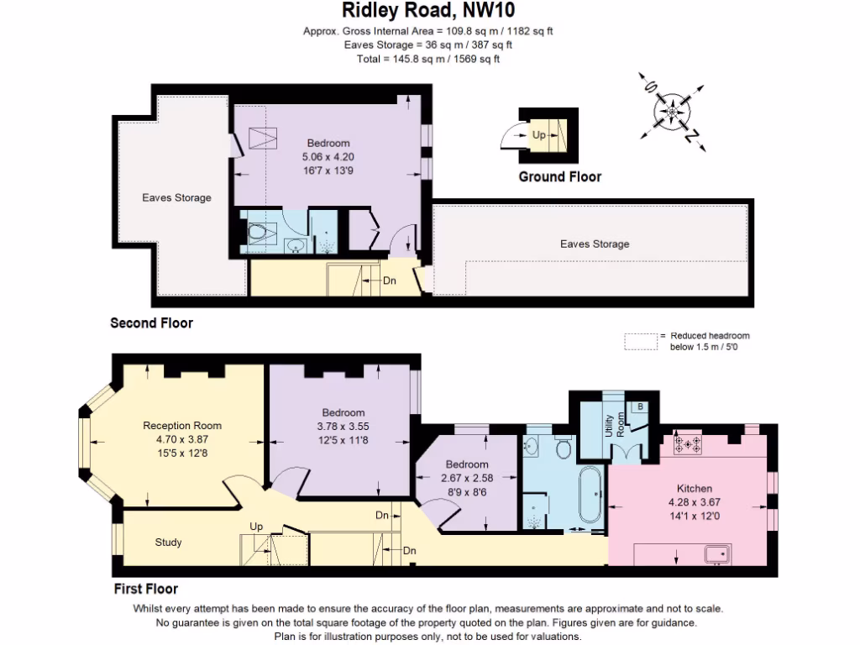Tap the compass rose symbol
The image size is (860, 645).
pos(673,110)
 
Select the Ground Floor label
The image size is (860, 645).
pos(559,176)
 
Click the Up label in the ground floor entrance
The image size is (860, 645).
pos(539,134)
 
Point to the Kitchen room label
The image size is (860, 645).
pos(695,488)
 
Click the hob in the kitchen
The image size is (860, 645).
pos(688,444)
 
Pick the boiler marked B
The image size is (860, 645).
pos(640,406)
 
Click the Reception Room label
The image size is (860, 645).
pos(182,425)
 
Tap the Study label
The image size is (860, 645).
pos(168,543)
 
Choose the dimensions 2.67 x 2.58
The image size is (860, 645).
pos(467,477)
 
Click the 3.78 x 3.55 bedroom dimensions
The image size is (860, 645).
pos(343,425)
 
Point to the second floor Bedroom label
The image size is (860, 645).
pos(328,143)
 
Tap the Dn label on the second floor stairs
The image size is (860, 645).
pos(390,281)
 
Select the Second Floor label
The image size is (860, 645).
pos(152,323)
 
